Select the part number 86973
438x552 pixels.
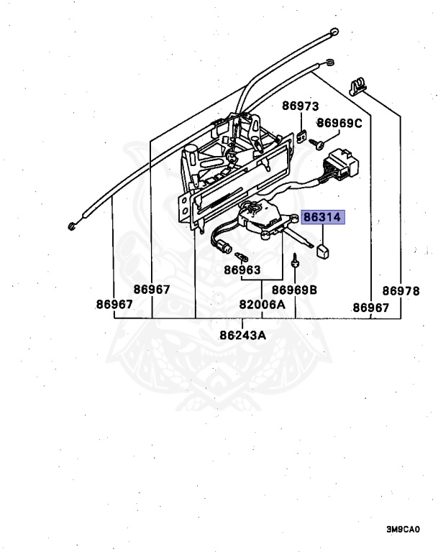[300, 106]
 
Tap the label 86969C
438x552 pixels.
[339, 123]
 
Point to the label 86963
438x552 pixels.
[242, 271]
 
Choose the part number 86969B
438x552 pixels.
[294, 290]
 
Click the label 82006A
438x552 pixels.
[262, 305]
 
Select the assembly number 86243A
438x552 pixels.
[242, 334]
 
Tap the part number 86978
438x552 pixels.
[401, 290]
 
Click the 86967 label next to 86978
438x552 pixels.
[370, 308]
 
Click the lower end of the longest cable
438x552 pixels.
[73, 227]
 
